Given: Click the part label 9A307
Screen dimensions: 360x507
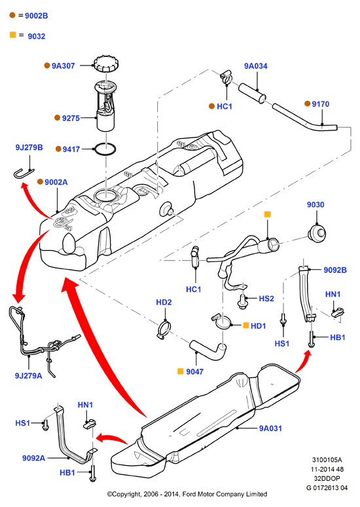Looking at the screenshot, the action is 63,66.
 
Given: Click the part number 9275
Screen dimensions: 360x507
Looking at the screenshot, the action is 71,119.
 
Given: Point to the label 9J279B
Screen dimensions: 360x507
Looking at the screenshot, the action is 29,147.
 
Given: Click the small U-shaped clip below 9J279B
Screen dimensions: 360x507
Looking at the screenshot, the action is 24,173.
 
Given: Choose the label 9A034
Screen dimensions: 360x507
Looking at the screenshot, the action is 256,66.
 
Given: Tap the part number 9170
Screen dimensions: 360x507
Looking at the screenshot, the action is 321,104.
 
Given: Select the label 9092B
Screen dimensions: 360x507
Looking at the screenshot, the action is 335,270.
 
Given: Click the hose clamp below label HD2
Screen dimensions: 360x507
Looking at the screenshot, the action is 164,329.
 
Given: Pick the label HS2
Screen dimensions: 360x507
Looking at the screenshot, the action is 266,299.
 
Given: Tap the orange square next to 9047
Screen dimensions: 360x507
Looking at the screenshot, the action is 181,371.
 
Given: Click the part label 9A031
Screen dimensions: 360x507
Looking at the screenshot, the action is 270,428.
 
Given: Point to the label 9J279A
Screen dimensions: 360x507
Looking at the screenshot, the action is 28,376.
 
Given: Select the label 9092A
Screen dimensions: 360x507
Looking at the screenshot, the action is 33,458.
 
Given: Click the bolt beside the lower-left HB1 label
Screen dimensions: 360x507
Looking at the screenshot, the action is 93,474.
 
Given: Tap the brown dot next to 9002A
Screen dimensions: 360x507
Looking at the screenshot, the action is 40,181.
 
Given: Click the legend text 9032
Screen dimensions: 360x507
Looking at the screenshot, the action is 37,36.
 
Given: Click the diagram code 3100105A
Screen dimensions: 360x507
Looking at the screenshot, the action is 327,460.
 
